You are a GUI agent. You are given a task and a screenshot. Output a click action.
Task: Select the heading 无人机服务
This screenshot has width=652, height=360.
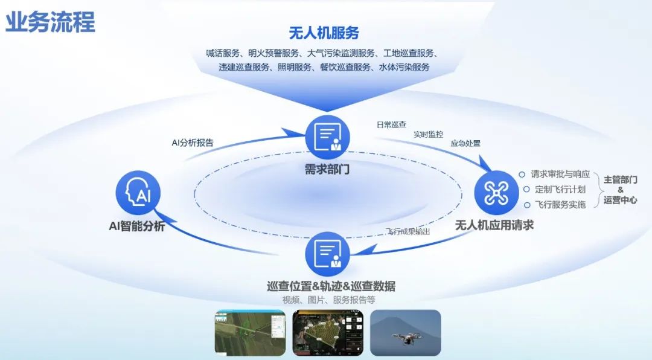pyautogui.click(x=324, y=32)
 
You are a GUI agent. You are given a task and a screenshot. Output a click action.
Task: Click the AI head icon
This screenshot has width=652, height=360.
pyautogui.click(x=138, y=193)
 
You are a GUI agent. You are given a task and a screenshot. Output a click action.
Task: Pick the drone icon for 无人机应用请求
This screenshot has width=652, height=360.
pyautogui.click(x=497, y=193)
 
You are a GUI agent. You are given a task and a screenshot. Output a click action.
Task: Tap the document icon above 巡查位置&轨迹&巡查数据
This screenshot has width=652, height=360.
pyautogui.click(x=327, y=254)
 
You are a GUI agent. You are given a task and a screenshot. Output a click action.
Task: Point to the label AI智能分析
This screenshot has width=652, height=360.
pyautogui.click(x=136, y=227)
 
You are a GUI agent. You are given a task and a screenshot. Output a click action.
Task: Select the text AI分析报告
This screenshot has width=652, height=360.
pyautogui.click(x=193, y=143)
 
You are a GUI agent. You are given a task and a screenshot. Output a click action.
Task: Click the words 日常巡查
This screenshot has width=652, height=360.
pyautogui.click(x=391, y=125)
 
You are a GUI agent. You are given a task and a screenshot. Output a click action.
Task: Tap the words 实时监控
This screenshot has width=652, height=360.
pyautogui.click(x=429, y=134)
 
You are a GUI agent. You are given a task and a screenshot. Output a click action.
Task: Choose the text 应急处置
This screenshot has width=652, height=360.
pyautogui.click(x=465, y=144)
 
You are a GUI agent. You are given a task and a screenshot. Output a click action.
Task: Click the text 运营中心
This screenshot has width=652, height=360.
pyautogui.click(x=620, y=201)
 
